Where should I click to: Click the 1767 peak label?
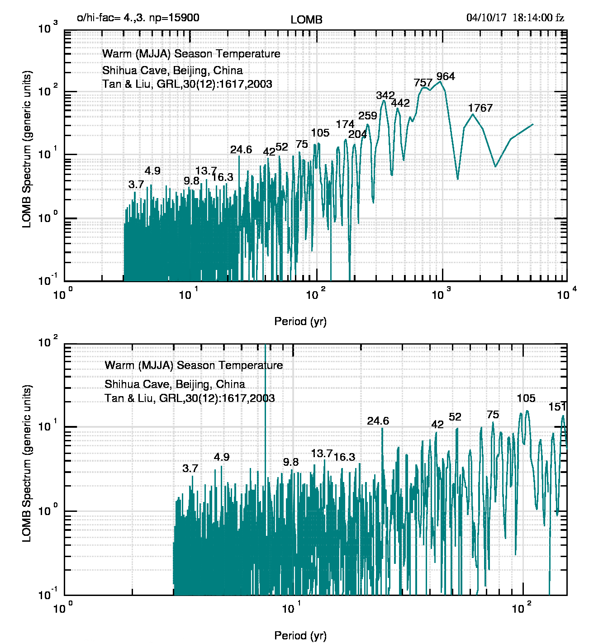click(x=480, y=108)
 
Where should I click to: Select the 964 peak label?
click(x=446, y=76)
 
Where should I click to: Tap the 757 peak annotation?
click(x=423, y=83)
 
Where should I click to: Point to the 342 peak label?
click(x=385, y=96)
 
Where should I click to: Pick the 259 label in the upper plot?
click(x=368, y=116)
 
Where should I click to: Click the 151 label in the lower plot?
click(x=557, y=407)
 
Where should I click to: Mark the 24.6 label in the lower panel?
click(x=378, y=421)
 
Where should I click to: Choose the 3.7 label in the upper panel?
click(x=136, y=184)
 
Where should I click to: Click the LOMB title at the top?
click(x=306, y=20)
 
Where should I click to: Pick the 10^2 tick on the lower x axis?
click(x=521, y=609)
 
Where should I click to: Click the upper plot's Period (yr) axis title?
click(x=300, y=321)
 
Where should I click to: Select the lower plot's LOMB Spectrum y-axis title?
click(x=27, y=463)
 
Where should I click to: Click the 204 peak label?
click(x=357, y=134)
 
